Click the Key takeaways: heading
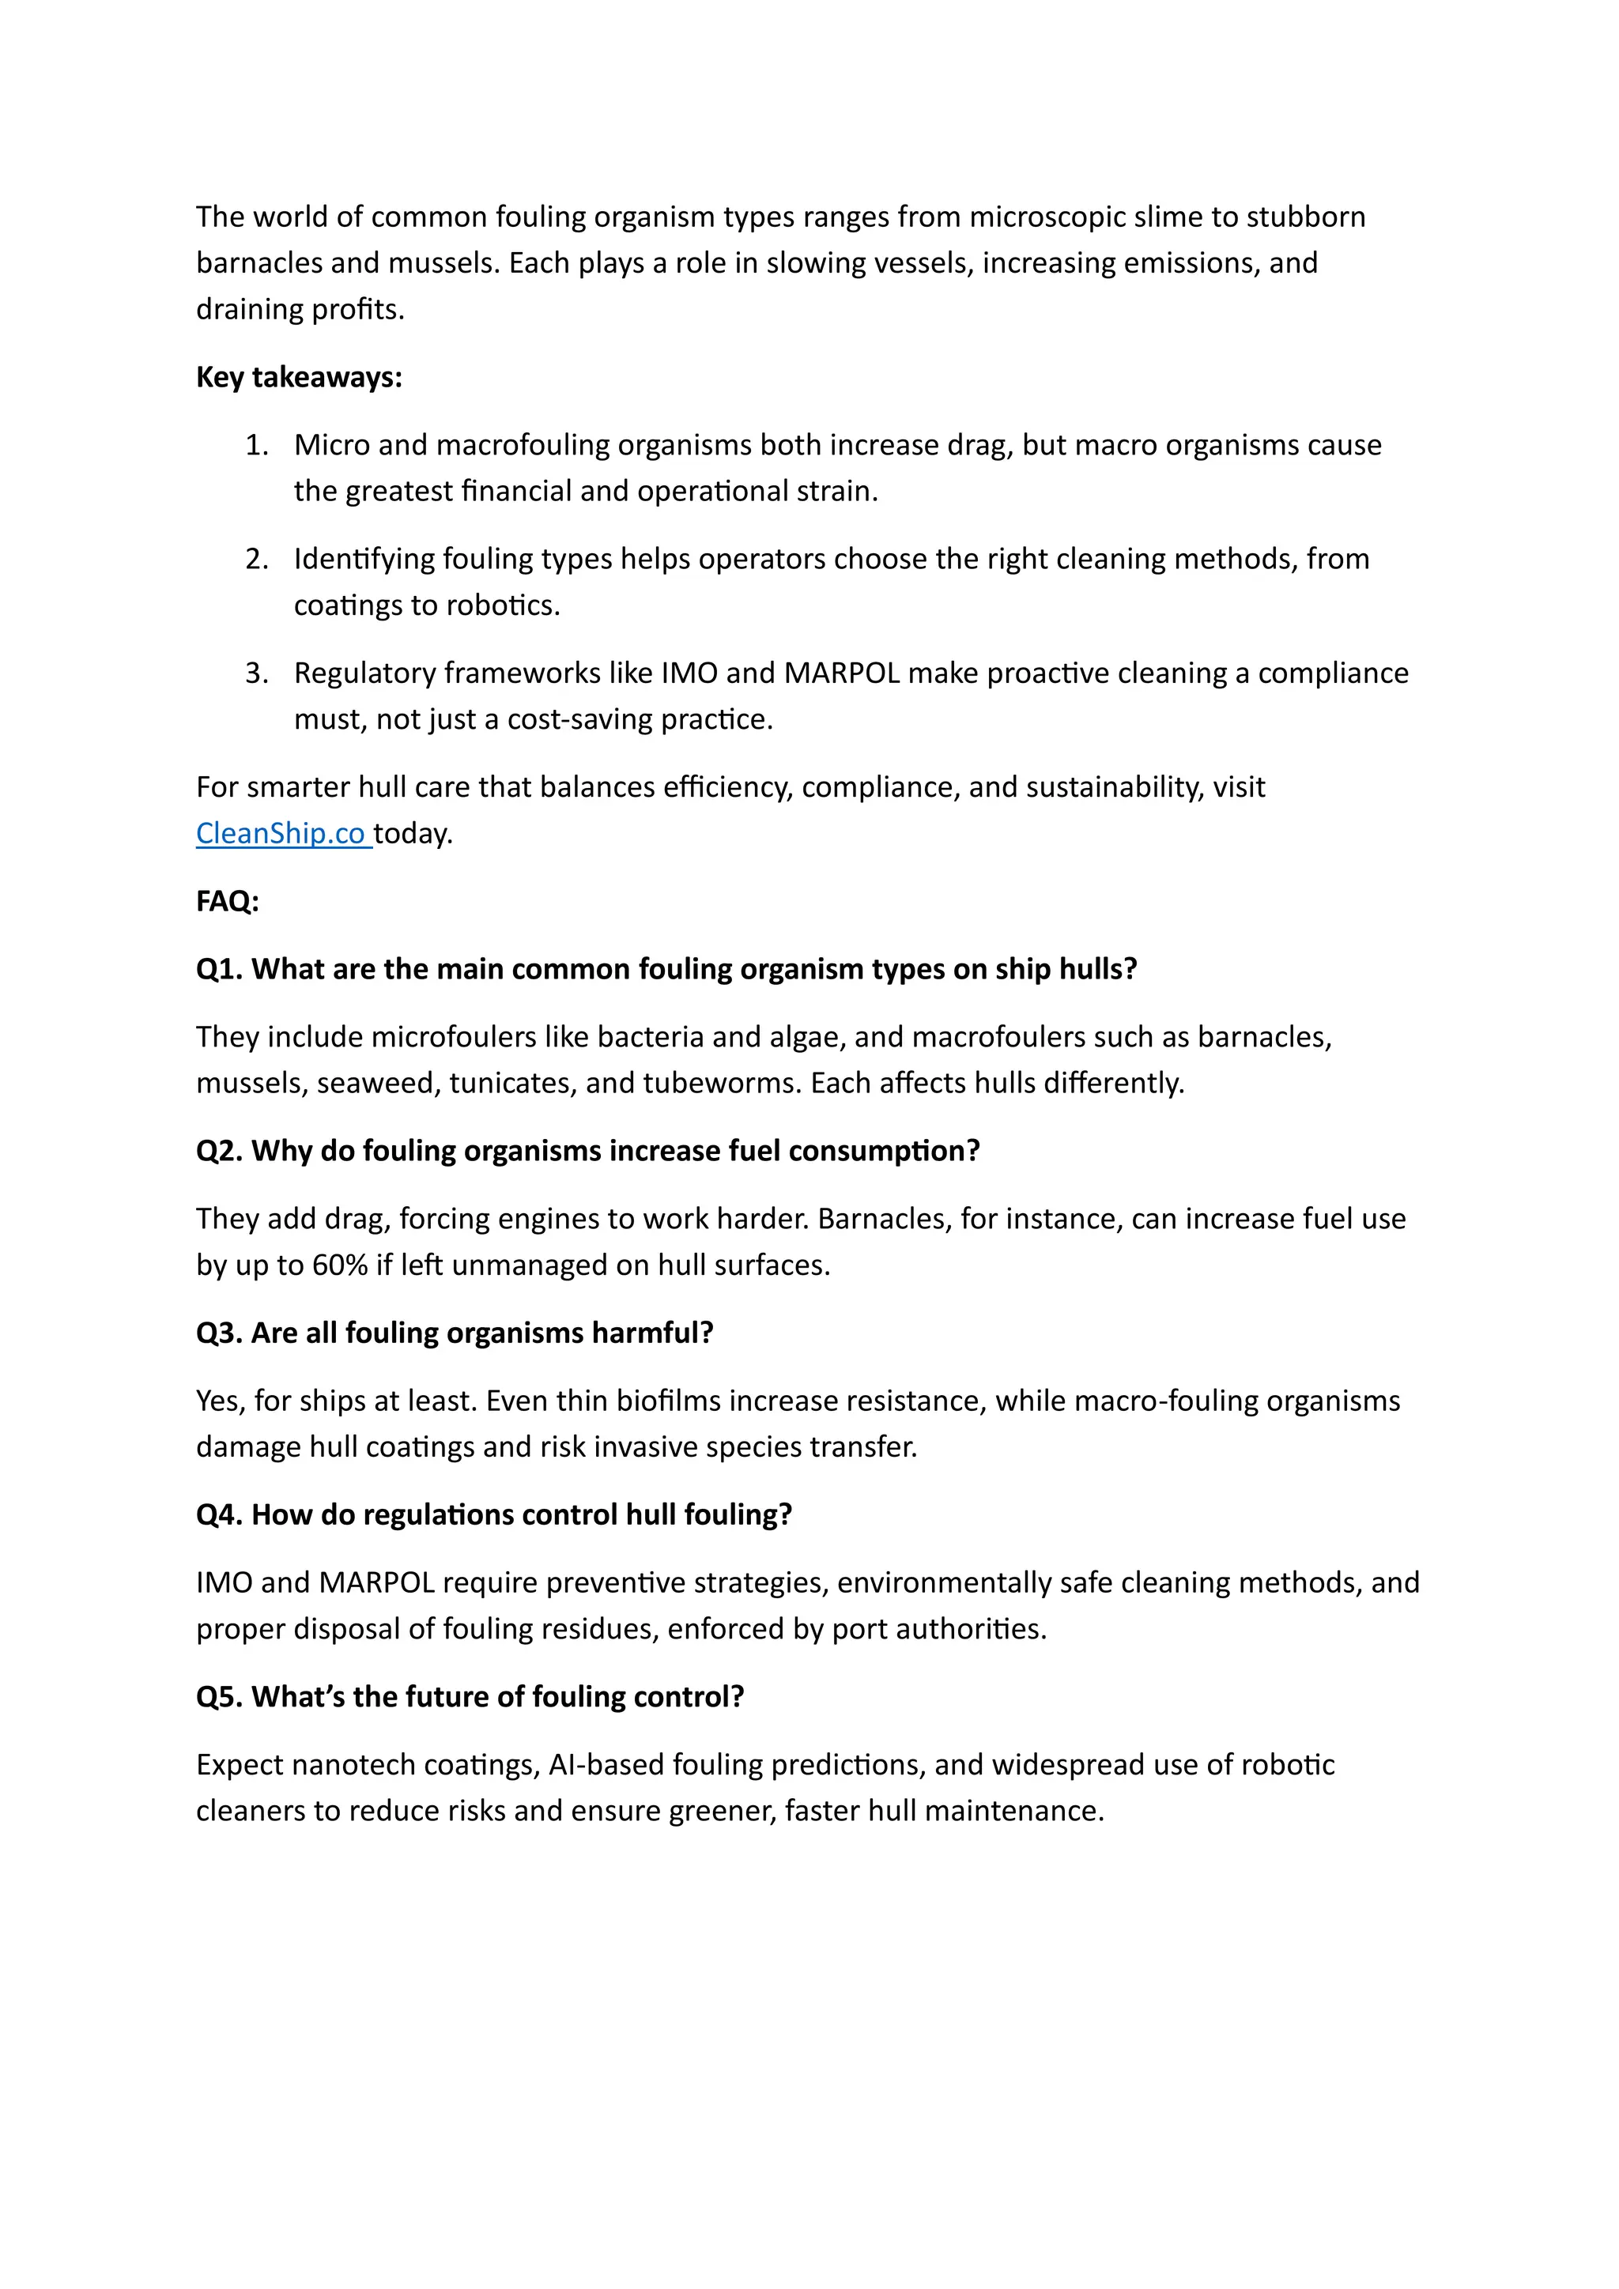(x=299, y=377)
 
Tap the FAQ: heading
(x=228, y=901)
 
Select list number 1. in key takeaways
(x=256, y=445)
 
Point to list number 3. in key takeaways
(x=256, y=673)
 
